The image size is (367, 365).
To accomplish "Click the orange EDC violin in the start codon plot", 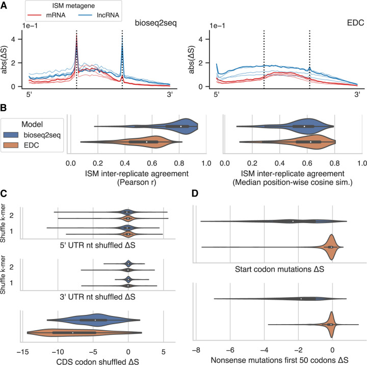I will [x=331, y=247].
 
